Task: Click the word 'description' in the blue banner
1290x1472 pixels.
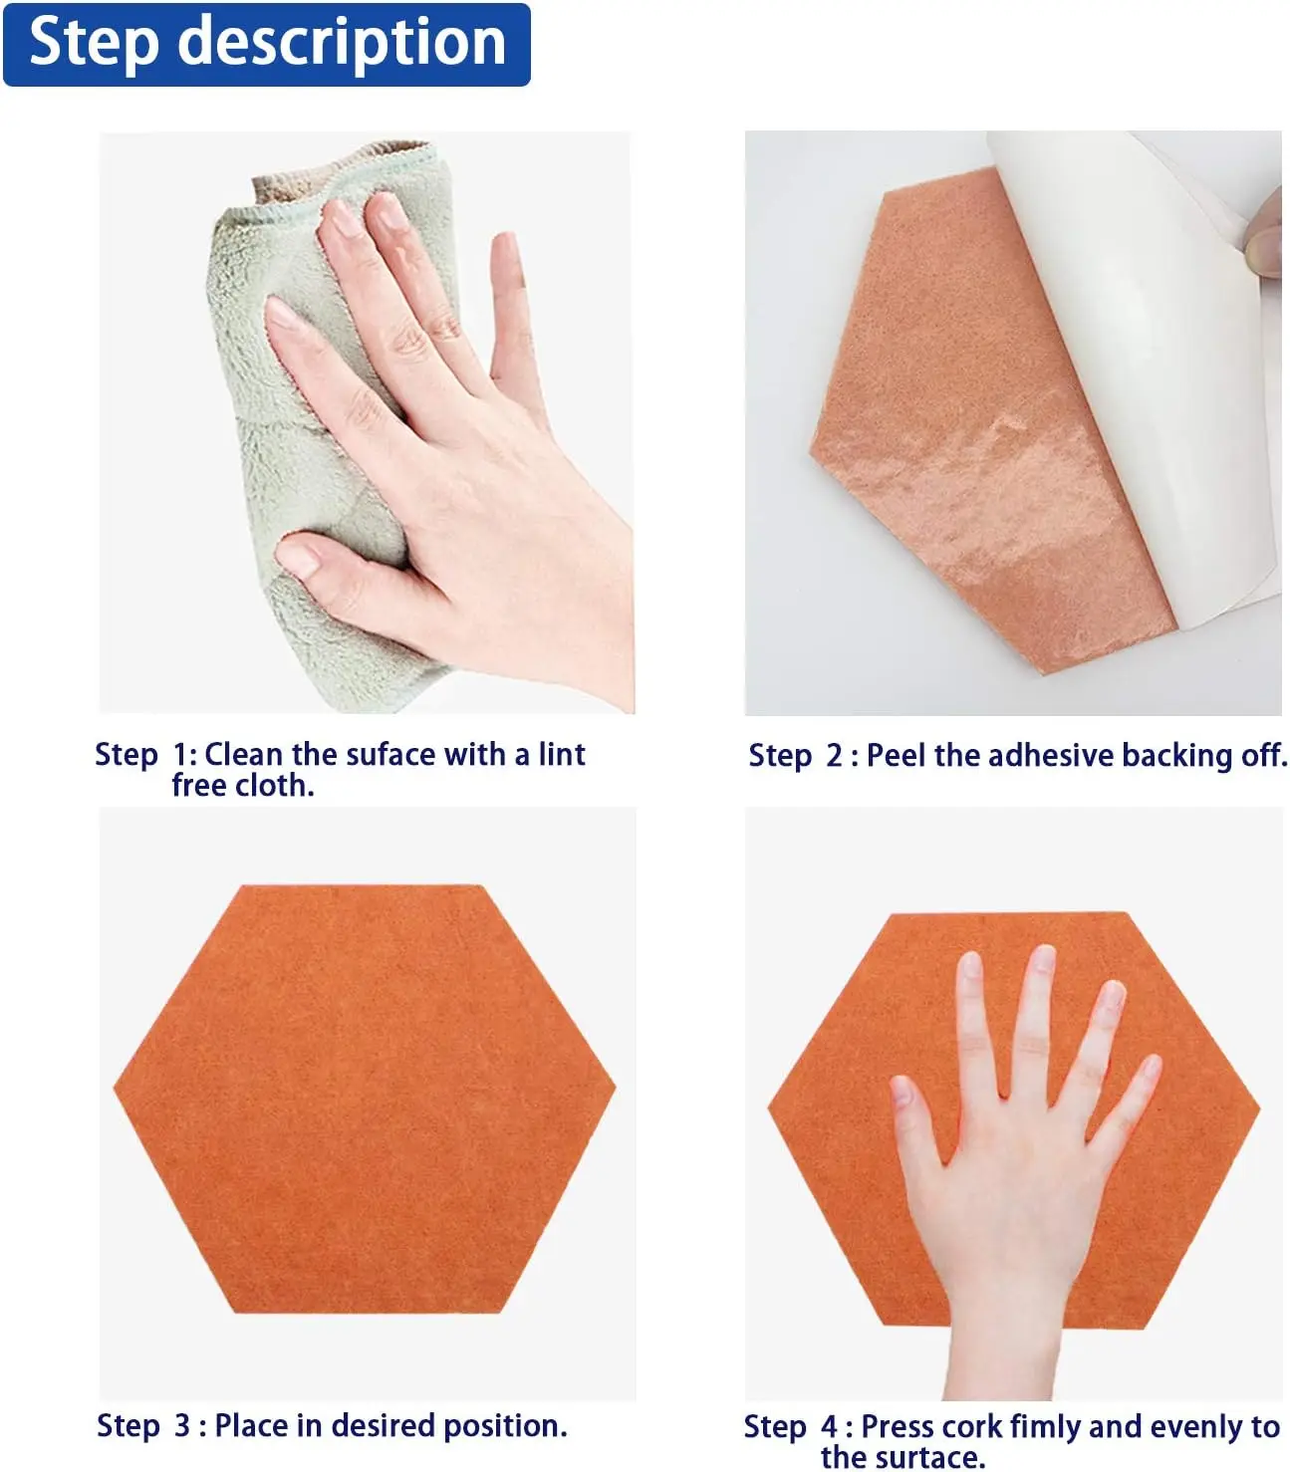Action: (x=342, y=44)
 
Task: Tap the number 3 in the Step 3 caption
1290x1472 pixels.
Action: (x=181, y=1425)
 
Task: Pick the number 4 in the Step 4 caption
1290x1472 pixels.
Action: (x=829, y=1426)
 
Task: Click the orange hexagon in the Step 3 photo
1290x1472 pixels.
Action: (x=365, y=1100)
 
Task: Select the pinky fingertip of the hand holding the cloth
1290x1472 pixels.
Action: (x=506, y=247)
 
